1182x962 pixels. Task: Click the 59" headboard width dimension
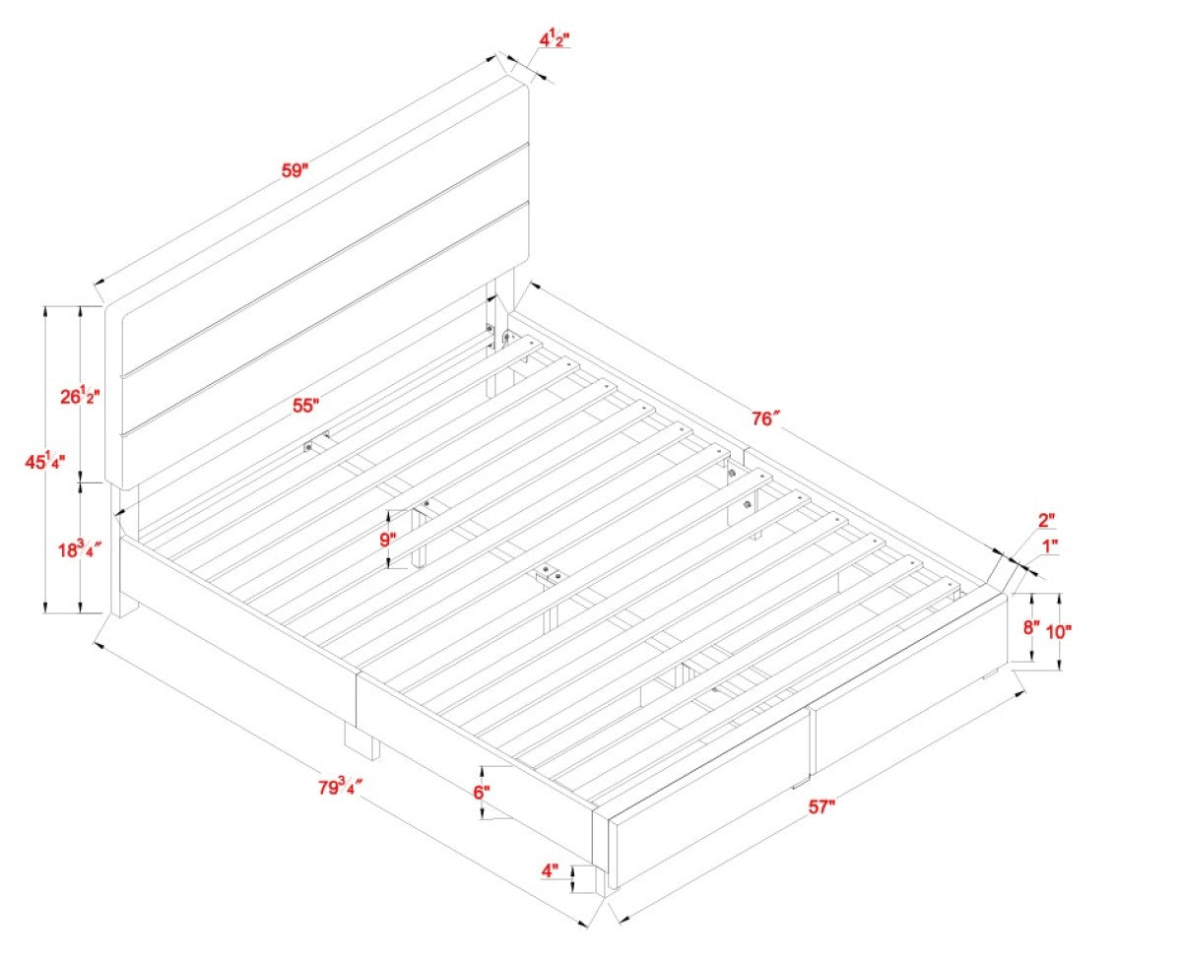point(295,169)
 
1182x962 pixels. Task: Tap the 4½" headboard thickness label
point(555,40)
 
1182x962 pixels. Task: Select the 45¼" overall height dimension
point(45,461)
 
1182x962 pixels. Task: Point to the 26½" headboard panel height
point(80,396)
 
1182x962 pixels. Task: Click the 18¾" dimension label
point(81,549)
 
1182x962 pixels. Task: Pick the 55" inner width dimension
point(305,406)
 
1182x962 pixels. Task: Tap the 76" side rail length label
point(765,418)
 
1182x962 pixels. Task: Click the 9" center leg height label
point(388,540)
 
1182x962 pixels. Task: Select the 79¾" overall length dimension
point(341,787)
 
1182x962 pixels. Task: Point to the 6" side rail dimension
point(482,793)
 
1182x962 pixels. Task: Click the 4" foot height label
point(550,870)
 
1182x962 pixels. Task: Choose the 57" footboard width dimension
point(821,806)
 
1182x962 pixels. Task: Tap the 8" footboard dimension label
point(1031,627)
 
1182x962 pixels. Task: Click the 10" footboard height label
point(1059,631)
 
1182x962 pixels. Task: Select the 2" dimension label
point(1046,521)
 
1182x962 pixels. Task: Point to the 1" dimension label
point(1050,547)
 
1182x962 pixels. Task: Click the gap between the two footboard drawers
point(812,742)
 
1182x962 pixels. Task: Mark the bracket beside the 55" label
point(316,441)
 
